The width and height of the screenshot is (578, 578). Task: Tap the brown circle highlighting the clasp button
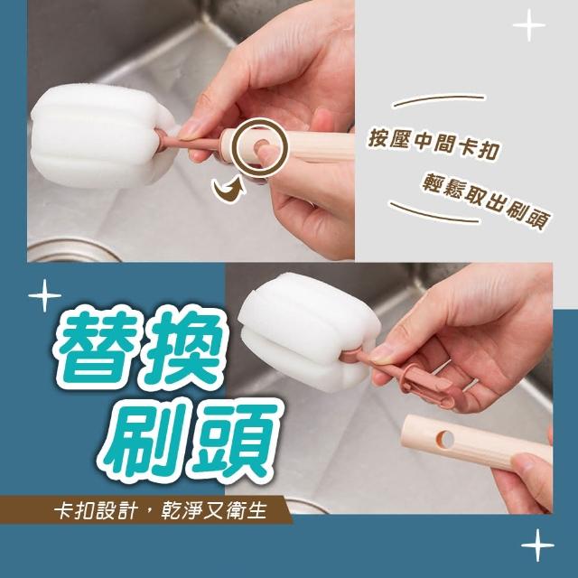[262, 147]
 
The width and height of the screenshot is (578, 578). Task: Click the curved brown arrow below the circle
[228, 190]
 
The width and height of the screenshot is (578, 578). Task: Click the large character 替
[98, 347]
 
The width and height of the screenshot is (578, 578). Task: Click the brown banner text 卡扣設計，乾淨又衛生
[161, 510]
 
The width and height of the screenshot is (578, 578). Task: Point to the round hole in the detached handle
[444, 438]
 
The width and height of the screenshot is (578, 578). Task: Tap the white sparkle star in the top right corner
[529, 25]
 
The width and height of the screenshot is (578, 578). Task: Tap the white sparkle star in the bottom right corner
[537, 545]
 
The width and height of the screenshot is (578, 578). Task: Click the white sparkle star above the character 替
[44, 295]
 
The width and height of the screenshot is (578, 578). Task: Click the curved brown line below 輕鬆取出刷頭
[435, 213]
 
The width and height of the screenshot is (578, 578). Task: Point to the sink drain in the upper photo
[74, 251]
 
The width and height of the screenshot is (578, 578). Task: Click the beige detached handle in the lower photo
[476, 443]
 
